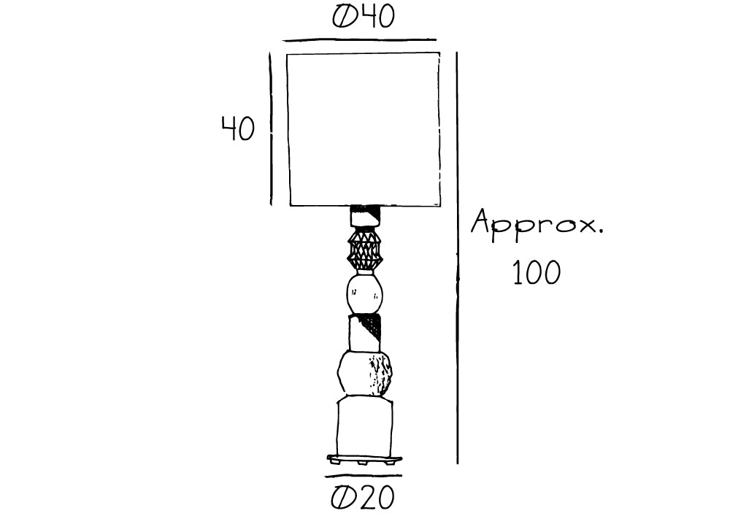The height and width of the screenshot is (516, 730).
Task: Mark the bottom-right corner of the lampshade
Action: [440, 205]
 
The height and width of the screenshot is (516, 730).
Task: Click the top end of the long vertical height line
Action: [457, 52]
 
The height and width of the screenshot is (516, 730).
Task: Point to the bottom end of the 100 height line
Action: [457, 463]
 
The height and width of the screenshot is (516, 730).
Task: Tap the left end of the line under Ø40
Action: [283, 41]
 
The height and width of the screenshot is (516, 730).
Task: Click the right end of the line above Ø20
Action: [401, 476]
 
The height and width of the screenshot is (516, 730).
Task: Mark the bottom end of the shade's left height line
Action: [272, 205]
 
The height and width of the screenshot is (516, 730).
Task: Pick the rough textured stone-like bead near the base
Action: [364, 374]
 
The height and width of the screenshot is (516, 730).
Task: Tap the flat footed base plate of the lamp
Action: [364, 460]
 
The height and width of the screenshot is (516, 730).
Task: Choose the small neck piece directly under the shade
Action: [365, 216]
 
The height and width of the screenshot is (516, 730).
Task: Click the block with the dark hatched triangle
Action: [364, 333]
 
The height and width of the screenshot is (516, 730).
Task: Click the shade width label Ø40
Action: [364, 16]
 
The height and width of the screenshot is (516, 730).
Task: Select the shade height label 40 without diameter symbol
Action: [238, 128]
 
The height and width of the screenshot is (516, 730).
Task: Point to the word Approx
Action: [537, 224]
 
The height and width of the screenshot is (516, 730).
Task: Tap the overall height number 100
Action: [537, 272]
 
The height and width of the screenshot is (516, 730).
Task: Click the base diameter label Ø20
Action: [363, 497]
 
